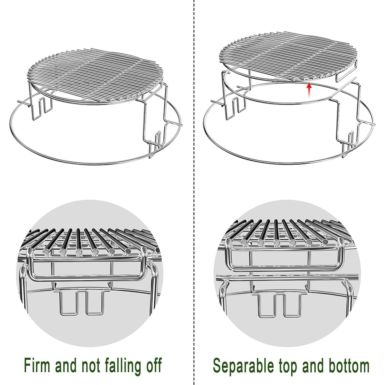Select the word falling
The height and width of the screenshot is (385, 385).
(127, 365)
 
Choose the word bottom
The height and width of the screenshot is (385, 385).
(347, 365)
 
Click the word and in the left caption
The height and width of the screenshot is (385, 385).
(67, 365)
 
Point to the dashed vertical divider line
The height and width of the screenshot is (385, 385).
(193, 180)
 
